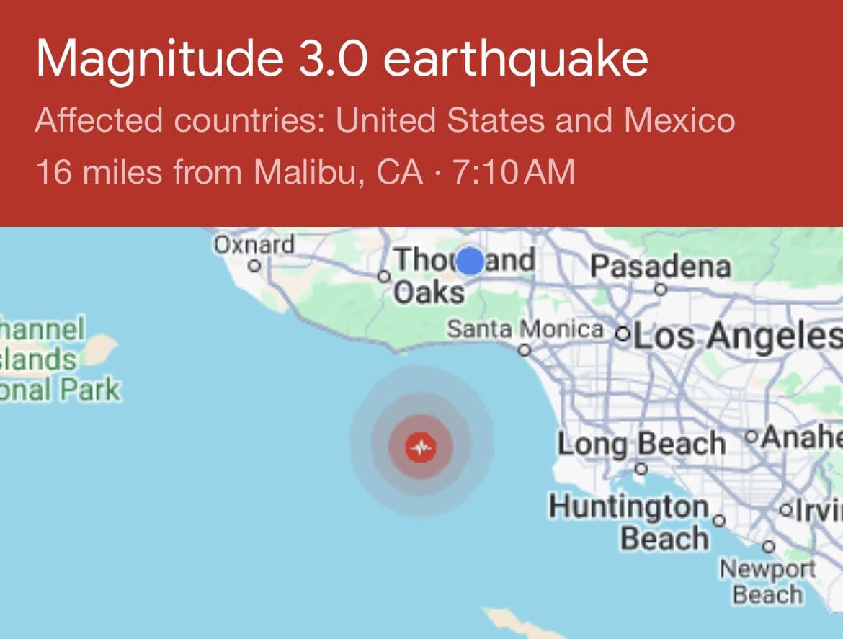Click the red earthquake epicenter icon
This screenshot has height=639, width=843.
point(421,447)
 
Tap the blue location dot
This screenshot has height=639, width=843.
point(470,261)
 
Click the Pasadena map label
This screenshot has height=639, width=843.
point(660,267)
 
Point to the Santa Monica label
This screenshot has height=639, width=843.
point(525,329)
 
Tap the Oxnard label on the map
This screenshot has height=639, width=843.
point(254,245)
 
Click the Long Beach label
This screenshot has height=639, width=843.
point(641,443)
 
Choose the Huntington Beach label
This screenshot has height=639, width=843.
point(629,523)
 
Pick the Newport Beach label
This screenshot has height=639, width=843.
point(767,582)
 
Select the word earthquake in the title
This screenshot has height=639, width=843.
point(515,60)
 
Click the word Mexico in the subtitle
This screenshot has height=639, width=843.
point(679,120)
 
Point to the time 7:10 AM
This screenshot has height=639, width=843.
point(514,172)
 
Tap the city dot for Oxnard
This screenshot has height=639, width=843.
point(254,266)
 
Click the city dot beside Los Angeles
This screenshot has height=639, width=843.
point(623,335)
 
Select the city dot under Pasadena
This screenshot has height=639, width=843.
point(659,290)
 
